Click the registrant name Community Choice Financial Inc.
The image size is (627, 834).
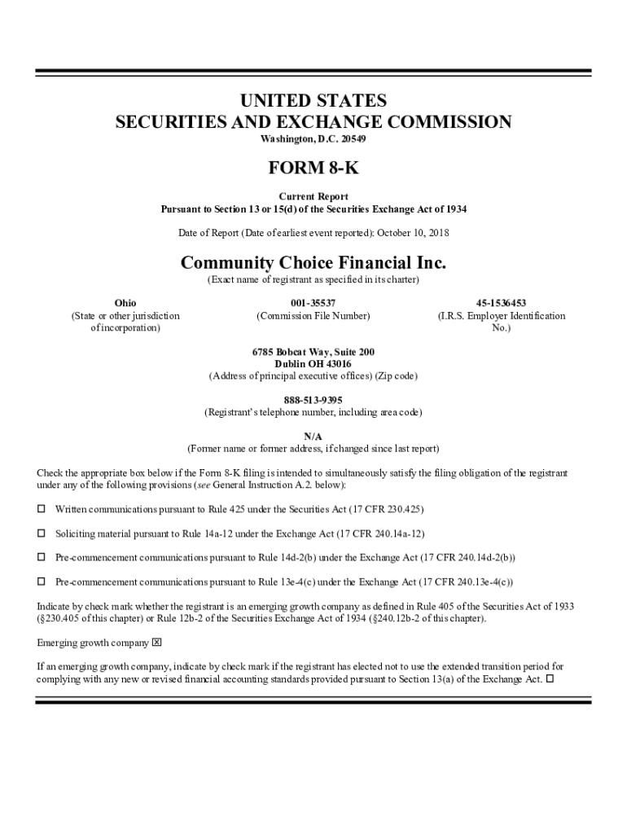coord(313,264)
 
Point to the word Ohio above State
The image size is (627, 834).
coord(125,303)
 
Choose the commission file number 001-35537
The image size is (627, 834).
coord(313,303)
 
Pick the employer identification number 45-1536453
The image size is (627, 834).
coord(501,303)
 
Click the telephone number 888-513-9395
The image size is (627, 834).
coord(313,400)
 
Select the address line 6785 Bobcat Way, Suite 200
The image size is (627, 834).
coord(313,352)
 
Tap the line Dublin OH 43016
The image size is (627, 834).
coord(313,364)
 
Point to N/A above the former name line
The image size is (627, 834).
coord(313,437)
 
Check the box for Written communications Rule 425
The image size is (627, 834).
coord(42,509)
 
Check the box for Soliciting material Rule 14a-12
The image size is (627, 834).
coord(42,533)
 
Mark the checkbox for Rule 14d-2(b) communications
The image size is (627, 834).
coord(42,558)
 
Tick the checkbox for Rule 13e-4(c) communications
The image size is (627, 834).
coord(42,582)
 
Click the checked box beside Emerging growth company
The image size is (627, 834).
coord(157,643)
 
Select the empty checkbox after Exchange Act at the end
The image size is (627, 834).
coord(550,678)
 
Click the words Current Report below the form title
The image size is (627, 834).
coord(313,196)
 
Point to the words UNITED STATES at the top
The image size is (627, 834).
coord(313,101)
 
